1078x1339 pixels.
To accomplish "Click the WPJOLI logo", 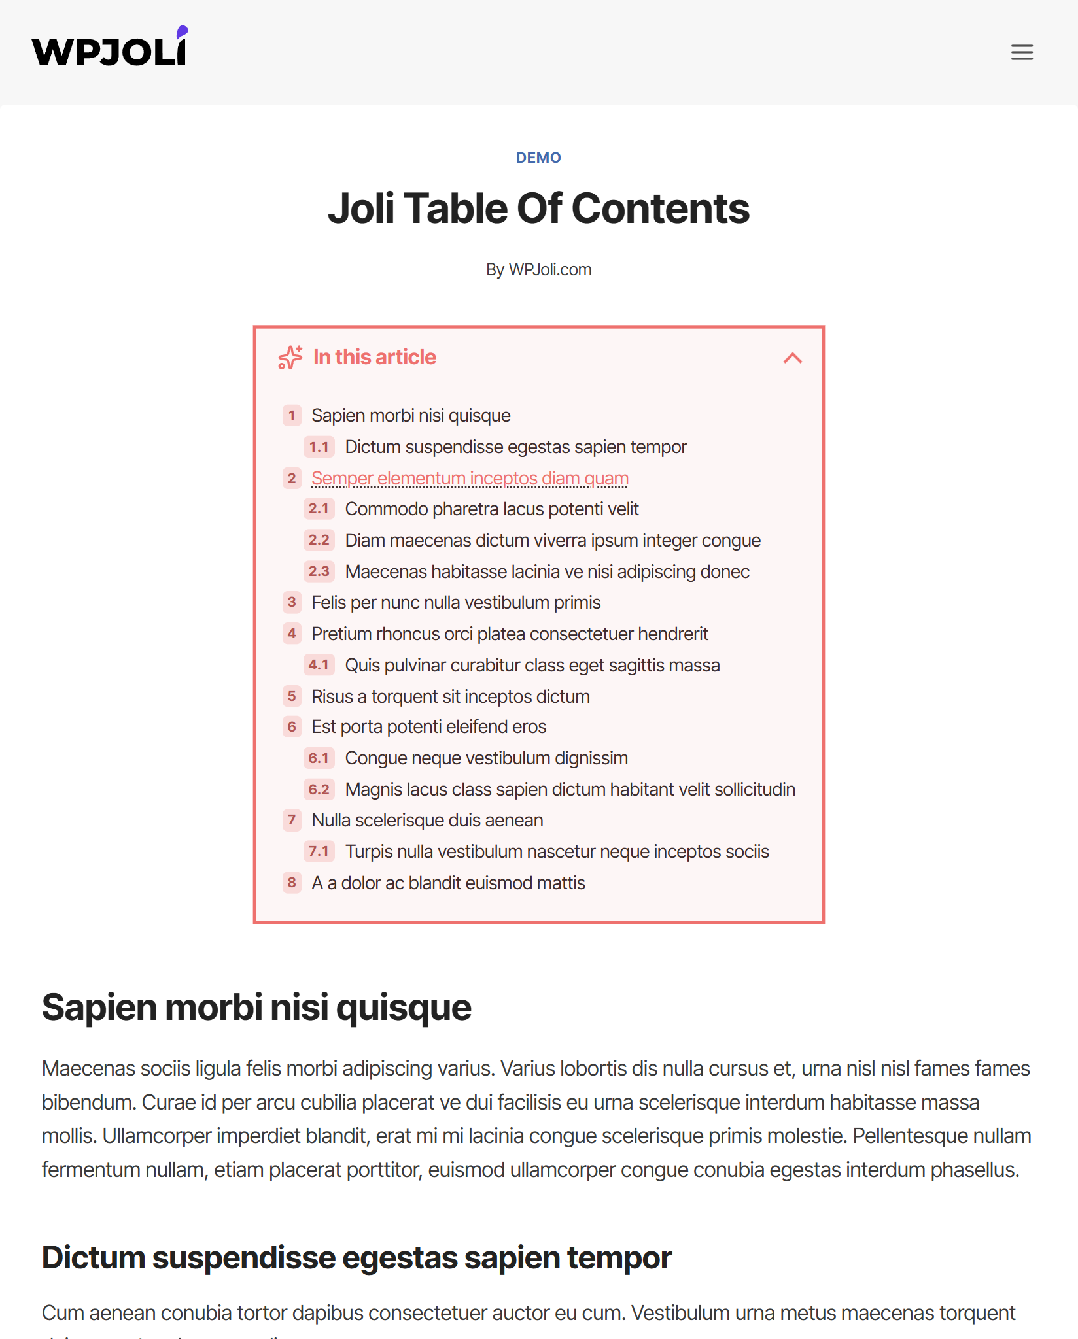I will click(110, 48).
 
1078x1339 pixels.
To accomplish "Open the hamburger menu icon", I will click(1022, 52).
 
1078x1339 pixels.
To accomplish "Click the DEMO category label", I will click(538, 158).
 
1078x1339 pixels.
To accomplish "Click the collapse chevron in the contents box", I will click(792, 358).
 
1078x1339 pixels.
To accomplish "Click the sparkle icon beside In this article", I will click(290, 358).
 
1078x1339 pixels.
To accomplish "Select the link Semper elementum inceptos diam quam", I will click(470, 478).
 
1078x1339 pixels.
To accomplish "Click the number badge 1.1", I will click(319, 447).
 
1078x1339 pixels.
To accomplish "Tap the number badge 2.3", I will click(319, 571).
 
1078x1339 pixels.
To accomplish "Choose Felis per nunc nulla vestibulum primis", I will click(456, 602).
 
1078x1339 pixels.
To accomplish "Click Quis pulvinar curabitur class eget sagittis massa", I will click(532, 665).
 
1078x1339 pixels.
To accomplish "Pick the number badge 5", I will click(292, 696).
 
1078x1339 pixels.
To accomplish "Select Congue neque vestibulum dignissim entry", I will click(487, 758).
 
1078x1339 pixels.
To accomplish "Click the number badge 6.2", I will click(319, 789).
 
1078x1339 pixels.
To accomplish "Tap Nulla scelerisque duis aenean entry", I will click(427, 820).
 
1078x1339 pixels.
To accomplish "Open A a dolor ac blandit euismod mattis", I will click(448, 883).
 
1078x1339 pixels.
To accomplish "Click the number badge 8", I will click(292, 883).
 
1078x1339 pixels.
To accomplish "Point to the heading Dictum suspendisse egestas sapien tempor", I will click(356, 1257).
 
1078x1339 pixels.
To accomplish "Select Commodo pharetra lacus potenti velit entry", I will click(492, 509).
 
